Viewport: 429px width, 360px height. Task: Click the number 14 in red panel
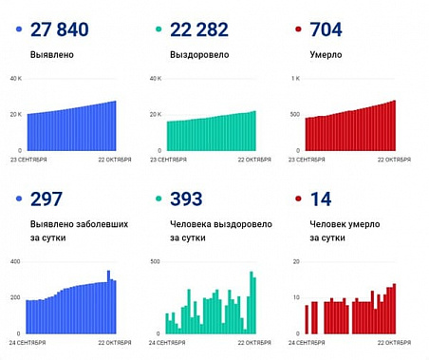click(320, 199)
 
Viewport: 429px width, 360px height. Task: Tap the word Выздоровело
click(199, 55)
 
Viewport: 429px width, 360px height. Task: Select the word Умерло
click(326, 55)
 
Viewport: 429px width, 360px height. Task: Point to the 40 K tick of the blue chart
click(15, 79)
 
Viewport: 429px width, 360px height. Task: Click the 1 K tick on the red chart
click(295, 79)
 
